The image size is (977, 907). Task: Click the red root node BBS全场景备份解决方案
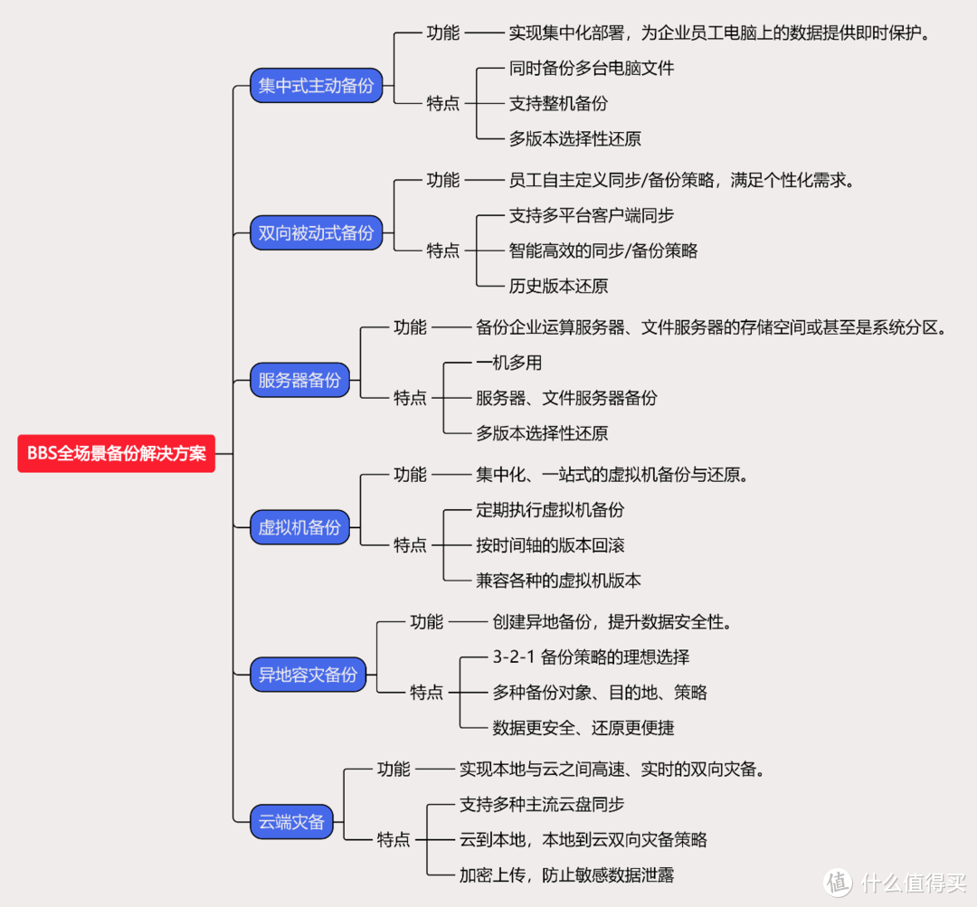coord(117,453)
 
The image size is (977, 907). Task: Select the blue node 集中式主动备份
coord(316,86)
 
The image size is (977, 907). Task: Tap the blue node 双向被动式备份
coord(316,232)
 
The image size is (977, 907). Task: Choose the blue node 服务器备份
coord(299,380)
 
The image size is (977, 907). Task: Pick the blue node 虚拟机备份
coord(299,527)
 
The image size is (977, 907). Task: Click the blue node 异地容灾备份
coord(308,674)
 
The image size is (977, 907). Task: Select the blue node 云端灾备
coord(291,822)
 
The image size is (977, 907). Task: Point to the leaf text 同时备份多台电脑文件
coord(591,68)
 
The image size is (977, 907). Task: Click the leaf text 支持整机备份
coord(558,103)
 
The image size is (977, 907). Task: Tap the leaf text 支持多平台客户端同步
coord(591,215)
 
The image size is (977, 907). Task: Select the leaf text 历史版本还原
coord(558,286)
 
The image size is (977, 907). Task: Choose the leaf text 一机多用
coord(508,363)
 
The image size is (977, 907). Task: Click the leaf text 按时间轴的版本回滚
coord(550,545)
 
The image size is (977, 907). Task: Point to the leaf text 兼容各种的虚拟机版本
coord(558,581)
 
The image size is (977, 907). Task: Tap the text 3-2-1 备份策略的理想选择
coord(591,657)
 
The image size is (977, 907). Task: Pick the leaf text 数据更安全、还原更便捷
coord(583,728)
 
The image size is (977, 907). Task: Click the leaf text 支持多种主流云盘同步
coord(541,804)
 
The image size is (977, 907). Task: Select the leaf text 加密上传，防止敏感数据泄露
coord(566,874)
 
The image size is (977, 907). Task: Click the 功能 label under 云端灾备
coord(394,770)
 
